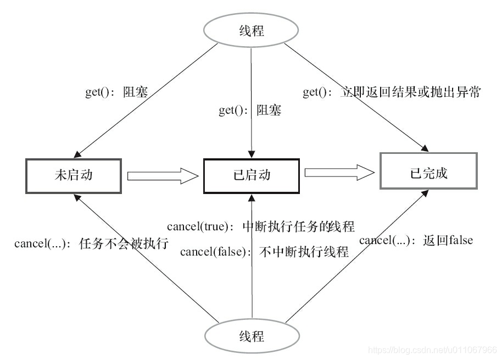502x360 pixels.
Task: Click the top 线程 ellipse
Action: click(251, 30)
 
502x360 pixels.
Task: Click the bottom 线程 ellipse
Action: click(251, 335)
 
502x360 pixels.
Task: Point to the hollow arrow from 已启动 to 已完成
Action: click(339, 173)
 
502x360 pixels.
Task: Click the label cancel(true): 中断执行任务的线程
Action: click(261, 226)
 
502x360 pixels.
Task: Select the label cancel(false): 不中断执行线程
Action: click(265, 252)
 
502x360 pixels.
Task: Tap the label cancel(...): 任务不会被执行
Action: click(91, 243)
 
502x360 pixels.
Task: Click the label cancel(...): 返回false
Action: click(416, 240)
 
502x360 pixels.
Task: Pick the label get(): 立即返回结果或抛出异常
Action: click(392, 92)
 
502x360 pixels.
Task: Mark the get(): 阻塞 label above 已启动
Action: click(250, 110)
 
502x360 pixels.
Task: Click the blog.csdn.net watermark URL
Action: click(432, 350)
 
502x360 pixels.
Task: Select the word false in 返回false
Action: click(460, 240)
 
